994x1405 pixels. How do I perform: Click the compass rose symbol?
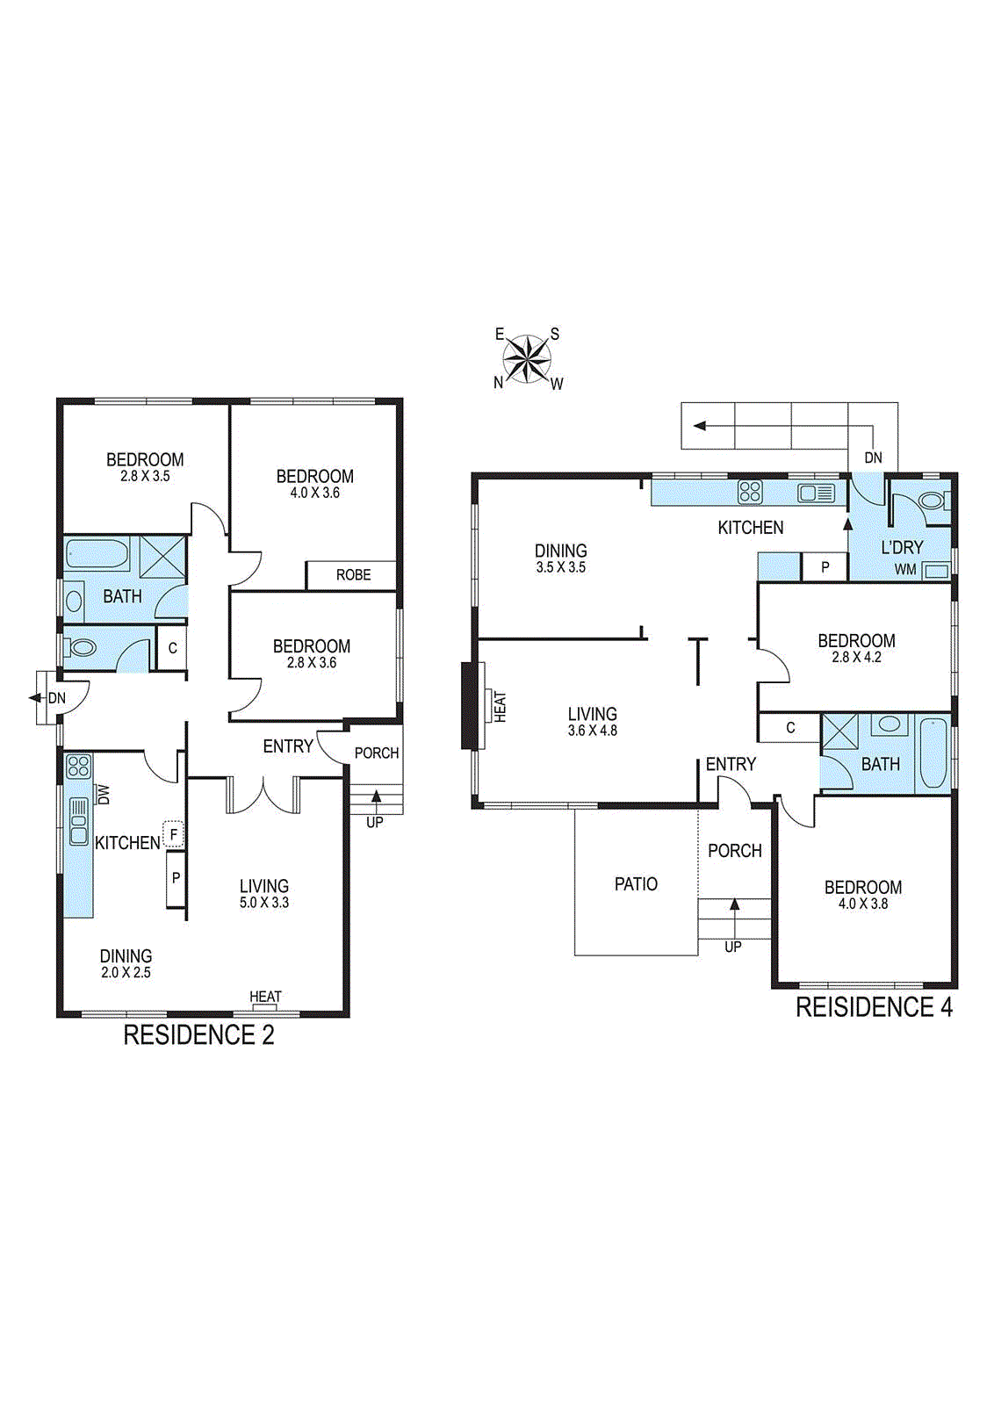point(527,358)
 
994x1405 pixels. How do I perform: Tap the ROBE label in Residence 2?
point(353,575)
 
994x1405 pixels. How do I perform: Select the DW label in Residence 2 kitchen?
point(104,794)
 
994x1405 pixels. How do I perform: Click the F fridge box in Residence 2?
point(174,834)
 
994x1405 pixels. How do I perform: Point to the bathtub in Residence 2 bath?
point(97,555)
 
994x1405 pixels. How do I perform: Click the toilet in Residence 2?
point(82,648)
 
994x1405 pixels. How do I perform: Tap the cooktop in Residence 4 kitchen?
point(750,492)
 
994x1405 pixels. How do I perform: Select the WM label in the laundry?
point(905,570)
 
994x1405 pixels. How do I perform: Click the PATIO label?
point(636,884)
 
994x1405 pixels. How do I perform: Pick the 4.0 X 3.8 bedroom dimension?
point(862,904)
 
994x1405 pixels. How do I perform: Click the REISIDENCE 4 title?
point(874,1007)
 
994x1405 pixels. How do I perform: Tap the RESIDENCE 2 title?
point(198,1035)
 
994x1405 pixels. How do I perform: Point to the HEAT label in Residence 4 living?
point(501,706)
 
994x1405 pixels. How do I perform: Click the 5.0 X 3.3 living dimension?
point(263,903)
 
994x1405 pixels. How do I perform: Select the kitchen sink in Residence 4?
point(815,493)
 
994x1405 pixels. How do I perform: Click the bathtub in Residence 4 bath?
point(933,753)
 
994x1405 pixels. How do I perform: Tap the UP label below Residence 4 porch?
point(733,947)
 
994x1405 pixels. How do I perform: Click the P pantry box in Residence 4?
point(825,567)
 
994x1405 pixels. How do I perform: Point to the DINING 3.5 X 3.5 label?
point(560,558)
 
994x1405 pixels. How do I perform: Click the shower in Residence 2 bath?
point(162,556)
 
